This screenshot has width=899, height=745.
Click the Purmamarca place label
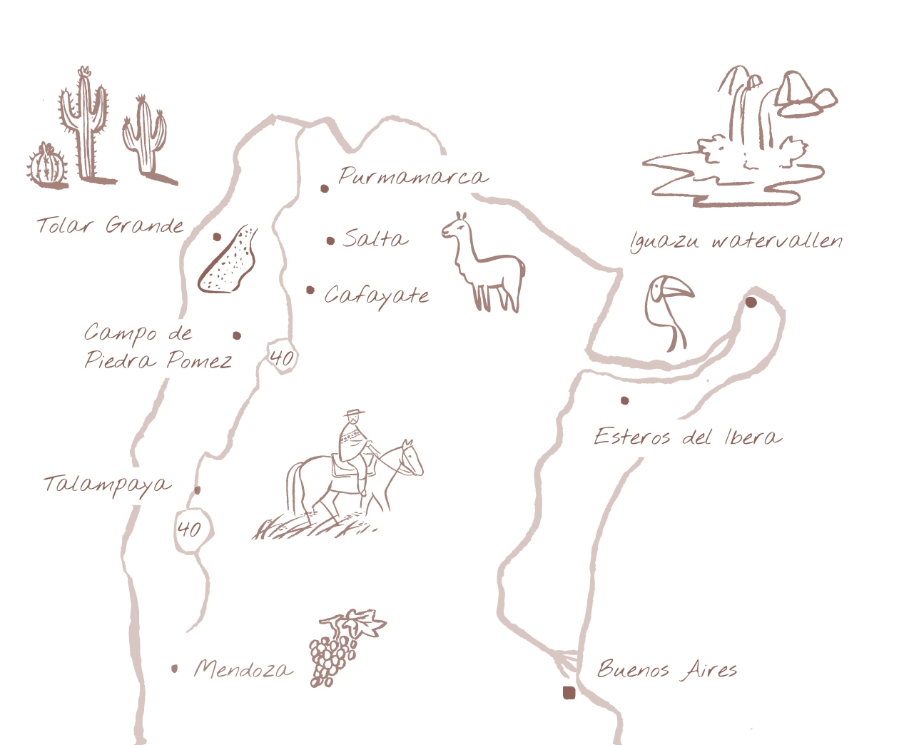413,176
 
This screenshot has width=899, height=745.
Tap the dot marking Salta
330,241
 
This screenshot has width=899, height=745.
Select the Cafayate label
377,295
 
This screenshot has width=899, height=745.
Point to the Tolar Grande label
111,226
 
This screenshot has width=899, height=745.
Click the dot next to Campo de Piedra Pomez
237,335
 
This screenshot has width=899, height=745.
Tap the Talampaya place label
107,485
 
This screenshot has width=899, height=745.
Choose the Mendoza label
243,669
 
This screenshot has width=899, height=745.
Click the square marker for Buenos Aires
569,692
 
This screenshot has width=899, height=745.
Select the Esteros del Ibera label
687,436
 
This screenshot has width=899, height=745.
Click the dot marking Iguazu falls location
751,302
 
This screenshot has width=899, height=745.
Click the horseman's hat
352,414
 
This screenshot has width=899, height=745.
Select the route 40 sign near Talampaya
190,529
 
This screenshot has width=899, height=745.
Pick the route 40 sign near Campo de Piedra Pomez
281,357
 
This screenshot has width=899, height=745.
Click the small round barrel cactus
48,166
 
